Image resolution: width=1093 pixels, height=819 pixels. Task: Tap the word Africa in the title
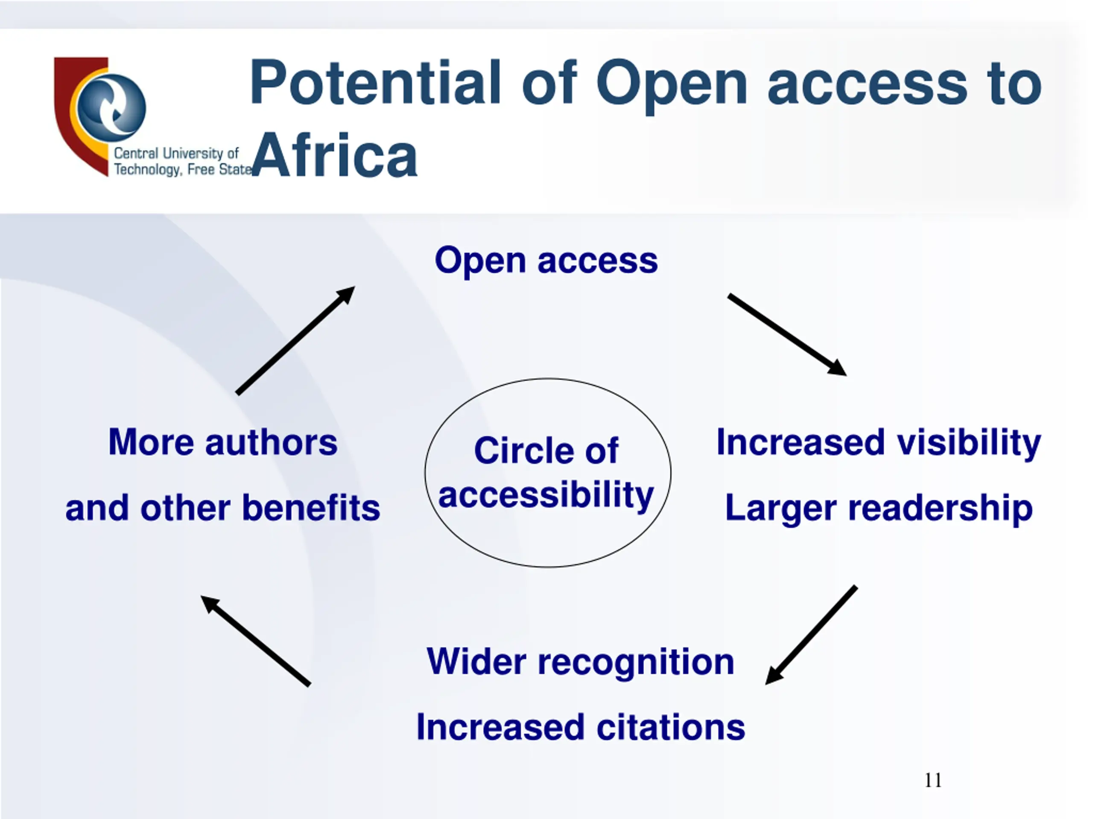click(x=335, y=156)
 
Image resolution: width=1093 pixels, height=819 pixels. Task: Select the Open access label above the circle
click(x=546, y=261)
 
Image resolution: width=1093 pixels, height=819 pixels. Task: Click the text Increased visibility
click(x=879, y=442)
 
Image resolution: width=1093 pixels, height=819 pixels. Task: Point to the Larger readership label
click(x=879, y=508)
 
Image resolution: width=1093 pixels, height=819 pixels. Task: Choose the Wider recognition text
click(x=580, y=662)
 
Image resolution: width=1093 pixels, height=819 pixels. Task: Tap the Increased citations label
click(x=580, y=728)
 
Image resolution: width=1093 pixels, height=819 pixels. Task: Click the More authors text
click(x=223, y=442)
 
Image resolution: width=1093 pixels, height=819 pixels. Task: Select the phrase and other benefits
click(x=223, y=508)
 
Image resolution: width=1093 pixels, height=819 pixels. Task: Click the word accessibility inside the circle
click(x=546, y=495)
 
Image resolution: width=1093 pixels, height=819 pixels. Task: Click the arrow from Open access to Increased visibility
click(x=786, y=334)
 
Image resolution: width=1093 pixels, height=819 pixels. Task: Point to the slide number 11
click(x=933, y=781)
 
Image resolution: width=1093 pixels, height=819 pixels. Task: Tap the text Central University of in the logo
click(x=176, y=154)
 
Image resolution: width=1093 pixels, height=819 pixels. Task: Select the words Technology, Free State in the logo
click(x=183, y=170)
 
